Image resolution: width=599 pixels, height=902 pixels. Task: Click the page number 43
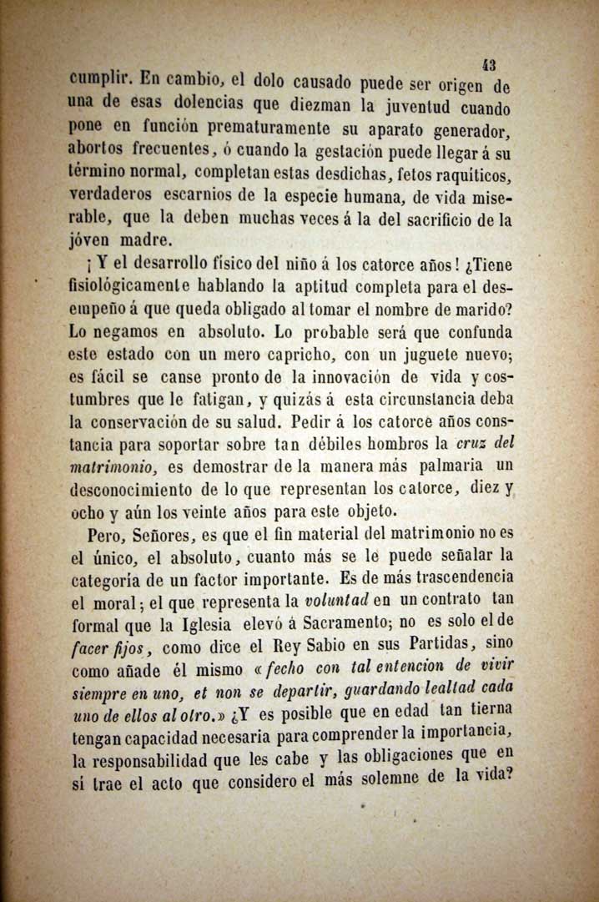490,63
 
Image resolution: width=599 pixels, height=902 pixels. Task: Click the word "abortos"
95,151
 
